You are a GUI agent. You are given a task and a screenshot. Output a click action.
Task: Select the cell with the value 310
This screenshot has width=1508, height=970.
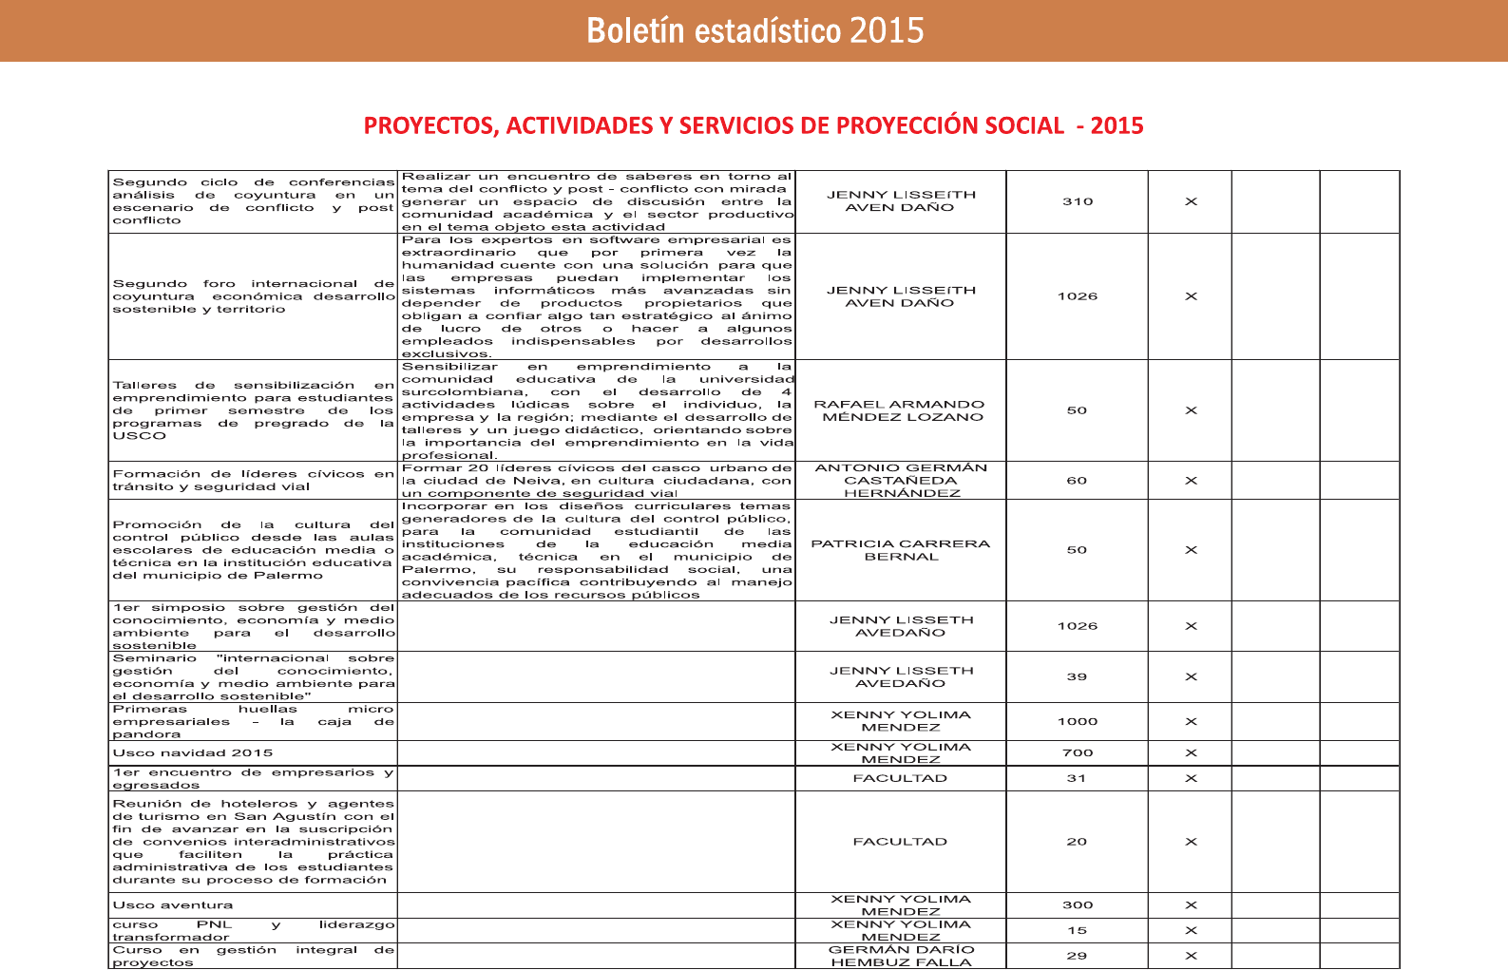[1078, 201]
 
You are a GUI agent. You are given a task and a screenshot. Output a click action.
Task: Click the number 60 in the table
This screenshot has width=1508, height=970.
[1077, 481]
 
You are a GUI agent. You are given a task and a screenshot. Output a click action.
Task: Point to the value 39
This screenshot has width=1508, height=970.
[1077, 676]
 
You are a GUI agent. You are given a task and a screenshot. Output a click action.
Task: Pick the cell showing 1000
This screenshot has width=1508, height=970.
[1078, 721]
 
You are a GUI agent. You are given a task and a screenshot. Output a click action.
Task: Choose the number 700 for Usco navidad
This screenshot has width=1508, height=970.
[1078, 752]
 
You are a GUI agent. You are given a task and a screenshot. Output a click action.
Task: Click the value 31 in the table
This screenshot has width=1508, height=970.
[1077, 778]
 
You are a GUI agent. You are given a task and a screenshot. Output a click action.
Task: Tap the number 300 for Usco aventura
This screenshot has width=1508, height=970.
[1078, 905]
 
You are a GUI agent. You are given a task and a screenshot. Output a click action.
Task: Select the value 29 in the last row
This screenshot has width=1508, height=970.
[1077, 956]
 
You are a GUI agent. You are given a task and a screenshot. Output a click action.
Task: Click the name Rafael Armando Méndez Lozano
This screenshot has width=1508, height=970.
[900, 410]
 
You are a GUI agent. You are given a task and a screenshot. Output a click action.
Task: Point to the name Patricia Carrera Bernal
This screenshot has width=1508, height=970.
[900, 550]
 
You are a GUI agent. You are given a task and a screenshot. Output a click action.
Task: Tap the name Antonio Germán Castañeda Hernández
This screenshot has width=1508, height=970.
[901, 481]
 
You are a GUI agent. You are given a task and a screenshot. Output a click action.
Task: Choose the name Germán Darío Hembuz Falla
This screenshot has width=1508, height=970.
[901, 956]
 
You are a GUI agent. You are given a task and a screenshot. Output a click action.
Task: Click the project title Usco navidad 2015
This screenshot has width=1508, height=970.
[193, 752]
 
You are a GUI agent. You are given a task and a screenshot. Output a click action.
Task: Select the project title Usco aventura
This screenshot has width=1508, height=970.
[173, 905]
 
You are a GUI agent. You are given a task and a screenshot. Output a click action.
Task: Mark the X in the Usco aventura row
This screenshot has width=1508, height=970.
[1191, 905]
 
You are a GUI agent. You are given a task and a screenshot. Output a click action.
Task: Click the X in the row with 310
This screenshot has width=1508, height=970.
[1191, 201]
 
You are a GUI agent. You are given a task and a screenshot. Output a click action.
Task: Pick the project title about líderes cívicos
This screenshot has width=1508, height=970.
[253, 481]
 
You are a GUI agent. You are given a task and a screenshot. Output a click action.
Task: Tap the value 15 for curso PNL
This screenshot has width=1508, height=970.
[1077, 930]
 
